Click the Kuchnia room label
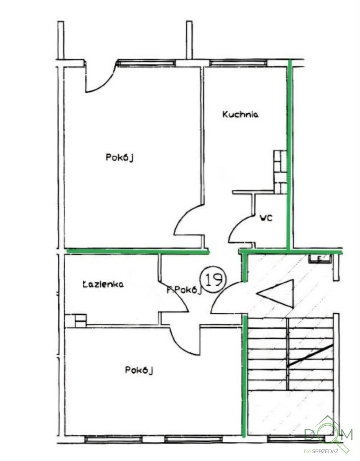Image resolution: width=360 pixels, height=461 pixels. point(240,114)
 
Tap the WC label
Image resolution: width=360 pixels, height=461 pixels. point(266,218)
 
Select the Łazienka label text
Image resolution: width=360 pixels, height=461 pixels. point(103,284)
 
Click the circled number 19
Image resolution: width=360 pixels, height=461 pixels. point(213,279)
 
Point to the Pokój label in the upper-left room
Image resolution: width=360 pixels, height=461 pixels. point(120,157)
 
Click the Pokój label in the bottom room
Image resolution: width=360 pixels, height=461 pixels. point(139,370)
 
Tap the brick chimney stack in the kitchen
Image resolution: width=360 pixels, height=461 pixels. point(280,172)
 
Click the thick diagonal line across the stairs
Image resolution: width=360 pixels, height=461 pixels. point(310,355)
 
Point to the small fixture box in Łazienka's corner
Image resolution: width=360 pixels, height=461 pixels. point(80,321)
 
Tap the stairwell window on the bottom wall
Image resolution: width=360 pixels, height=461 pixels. point(297,439)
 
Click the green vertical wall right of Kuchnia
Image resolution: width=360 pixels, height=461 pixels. point(290,155)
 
